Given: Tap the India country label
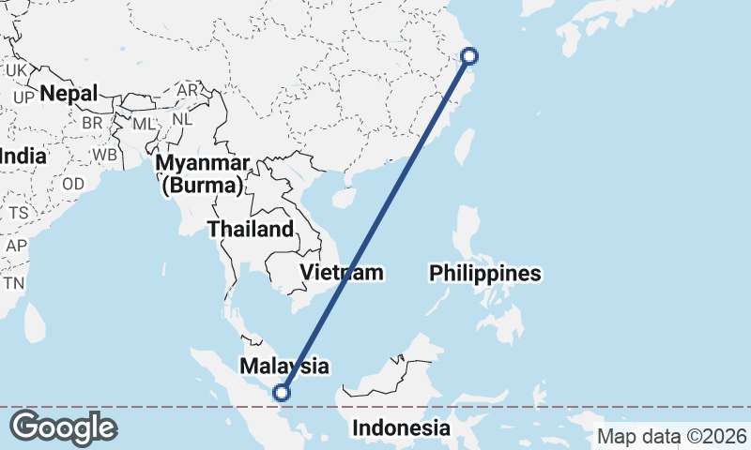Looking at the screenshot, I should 23,156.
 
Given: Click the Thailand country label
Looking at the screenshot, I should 251,230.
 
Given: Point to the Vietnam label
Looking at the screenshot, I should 342,273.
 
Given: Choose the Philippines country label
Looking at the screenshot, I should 485,274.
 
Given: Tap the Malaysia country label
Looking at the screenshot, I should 284,365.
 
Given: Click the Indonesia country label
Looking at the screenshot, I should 401,428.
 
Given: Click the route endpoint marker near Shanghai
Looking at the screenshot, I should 470,56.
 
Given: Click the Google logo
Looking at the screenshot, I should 63,427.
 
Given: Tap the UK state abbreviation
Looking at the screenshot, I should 17,70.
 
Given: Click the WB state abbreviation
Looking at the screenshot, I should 104,155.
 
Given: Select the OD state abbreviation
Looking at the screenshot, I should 73,184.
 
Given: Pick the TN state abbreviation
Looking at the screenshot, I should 13,283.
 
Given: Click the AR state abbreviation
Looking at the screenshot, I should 188,90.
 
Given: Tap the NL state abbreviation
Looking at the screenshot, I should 182,120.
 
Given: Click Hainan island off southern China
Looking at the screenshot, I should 345,198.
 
